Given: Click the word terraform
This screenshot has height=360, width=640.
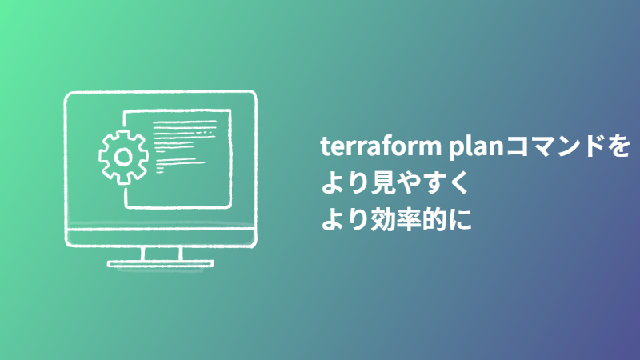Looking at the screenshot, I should (370, 147).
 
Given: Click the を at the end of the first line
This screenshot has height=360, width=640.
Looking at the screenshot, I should (616, 148).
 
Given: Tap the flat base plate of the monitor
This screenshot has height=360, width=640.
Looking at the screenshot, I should (162, 263).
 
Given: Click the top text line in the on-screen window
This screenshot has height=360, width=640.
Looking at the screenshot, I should (186, 122).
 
